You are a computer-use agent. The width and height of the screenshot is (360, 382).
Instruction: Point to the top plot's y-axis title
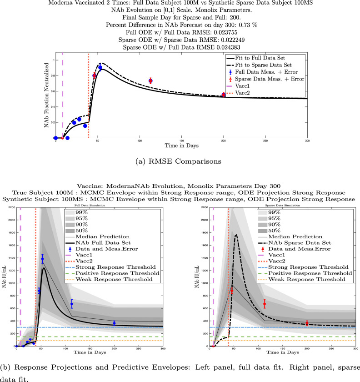click(x=45, y=96)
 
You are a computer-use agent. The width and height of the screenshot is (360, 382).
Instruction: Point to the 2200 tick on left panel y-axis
click(x=8, y=207)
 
